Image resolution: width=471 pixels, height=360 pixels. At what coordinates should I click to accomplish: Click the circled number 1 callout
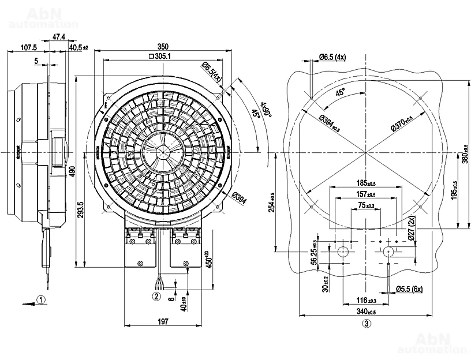tap(40, 299)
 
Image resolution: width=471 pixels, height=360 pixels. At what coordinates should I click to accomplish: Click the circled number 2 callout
tap(156, 297)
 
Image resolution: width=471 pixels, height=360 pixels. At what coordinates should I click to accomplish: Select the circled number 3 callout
tap(366, 323)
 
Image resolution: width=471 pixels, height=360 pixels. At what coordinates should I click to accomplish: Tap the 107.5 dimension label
tap(28, 47)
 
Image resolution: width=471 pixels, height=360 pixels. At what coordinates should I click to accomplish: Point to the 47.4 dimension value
tap(59, 37)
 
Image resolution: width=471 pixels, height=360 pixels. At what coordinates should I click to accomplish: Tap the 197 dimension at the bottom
tap(163, 322)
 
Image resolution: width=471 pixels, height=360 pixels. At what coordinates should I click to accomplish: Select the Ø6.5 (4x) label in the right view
tap(332, 57)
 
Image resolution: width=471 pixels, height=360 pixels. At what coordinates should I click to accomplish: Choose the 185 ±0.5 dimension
tap(367, 184)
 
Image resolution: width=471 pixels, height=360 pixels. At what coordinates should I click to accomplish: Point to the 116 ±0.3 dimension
tap(366, 301)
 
